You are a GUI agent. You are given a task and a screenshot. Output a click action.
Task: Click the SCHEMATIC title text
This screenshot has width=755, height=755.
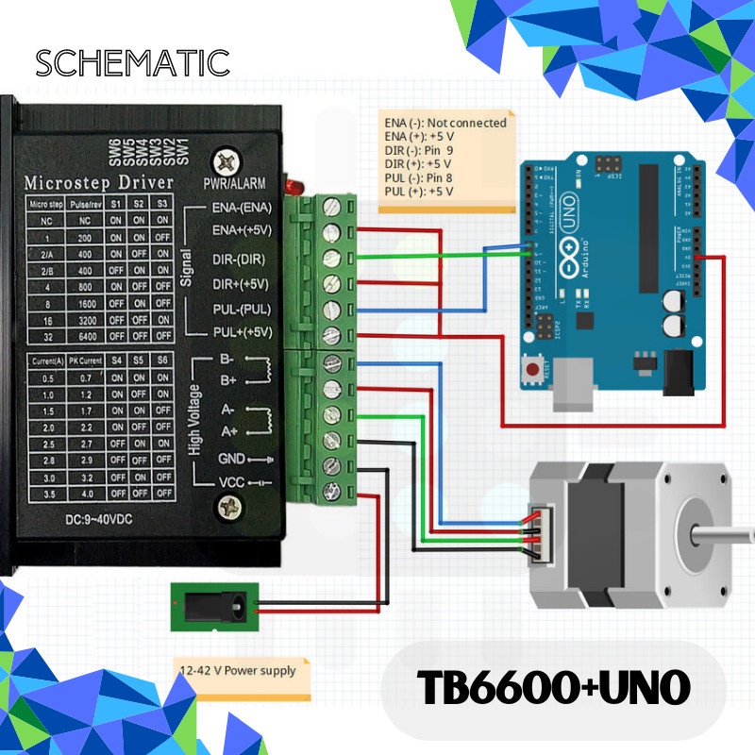pos(132,63)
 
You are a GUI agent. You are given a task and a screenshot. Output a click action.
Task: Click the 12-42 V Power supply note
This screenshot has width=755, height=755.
pos(238,671)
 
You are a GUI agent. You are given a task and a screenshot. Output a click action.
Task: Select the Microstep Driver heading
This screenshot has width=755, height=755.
pos(98,180)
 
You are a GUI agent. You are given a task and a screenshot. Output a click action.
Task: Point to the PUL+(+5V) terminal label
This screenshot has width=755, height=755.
pos(242,331)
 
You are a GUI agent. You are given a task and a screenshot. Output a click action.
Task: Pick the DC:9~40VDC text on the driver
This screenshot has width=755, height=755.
pos(104,520)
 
